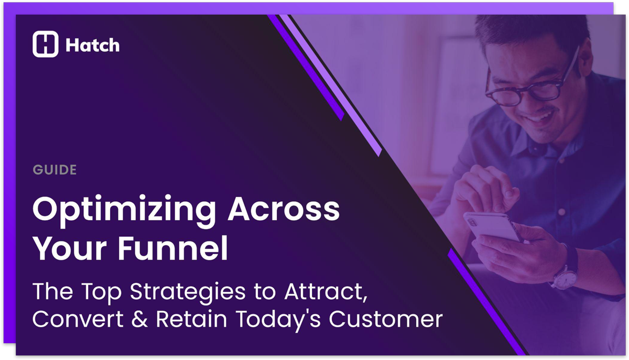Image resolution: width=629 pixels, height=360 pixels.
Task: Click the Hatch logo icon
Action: [x=45, y=45]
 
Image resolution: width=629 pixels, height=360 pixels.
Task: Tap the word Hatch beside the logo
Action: [x=92, y=46]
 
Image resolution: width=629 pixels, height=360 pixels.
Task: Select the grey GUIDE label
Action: [x=55, y=170]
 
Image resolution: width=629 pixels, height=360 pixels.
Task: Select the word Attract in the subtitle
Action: [x=325, y=291]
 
